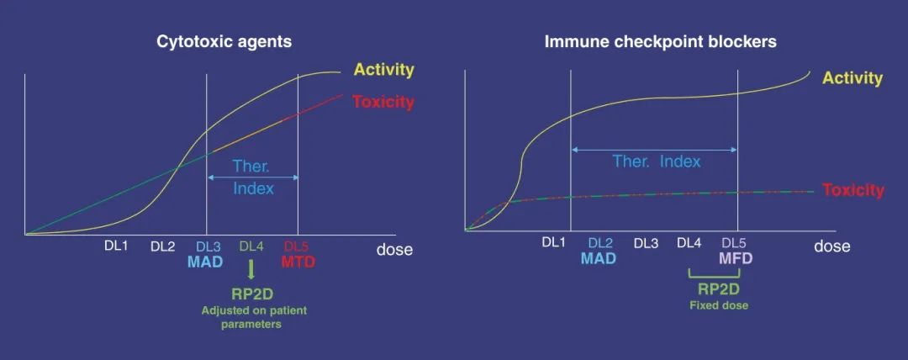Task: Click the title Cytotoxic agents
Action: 224,41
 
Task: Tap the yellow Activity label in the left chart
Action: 384,70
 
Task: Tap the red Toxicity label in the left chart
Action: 383,103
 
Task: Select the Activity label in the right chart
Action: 853,78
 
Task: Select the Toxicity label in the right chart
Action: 853,190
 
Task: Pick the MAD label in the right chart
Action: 598,258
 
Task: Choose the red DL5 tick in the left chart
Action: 298,246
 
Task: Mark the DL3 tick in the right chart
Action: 646,243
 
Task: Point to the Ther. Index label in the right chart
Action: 656,161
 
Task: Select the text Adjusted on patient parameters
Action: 254,317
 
